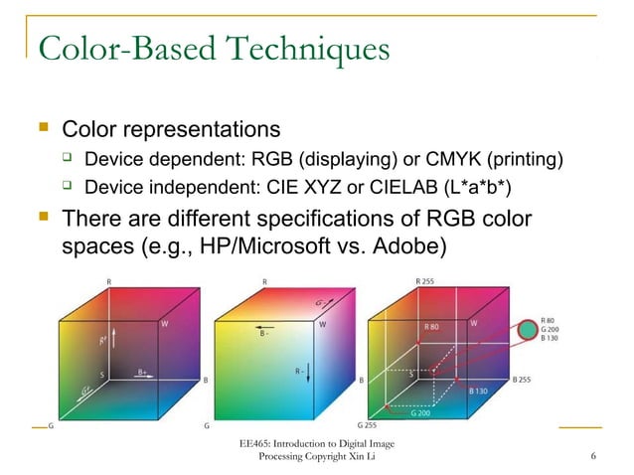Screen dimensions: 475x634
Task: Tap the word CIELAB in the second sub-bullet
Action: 404,187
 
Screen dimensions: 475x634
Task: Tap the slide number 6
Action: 592,456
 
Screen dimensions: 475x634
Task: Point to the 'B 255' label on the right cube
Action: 528,379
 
